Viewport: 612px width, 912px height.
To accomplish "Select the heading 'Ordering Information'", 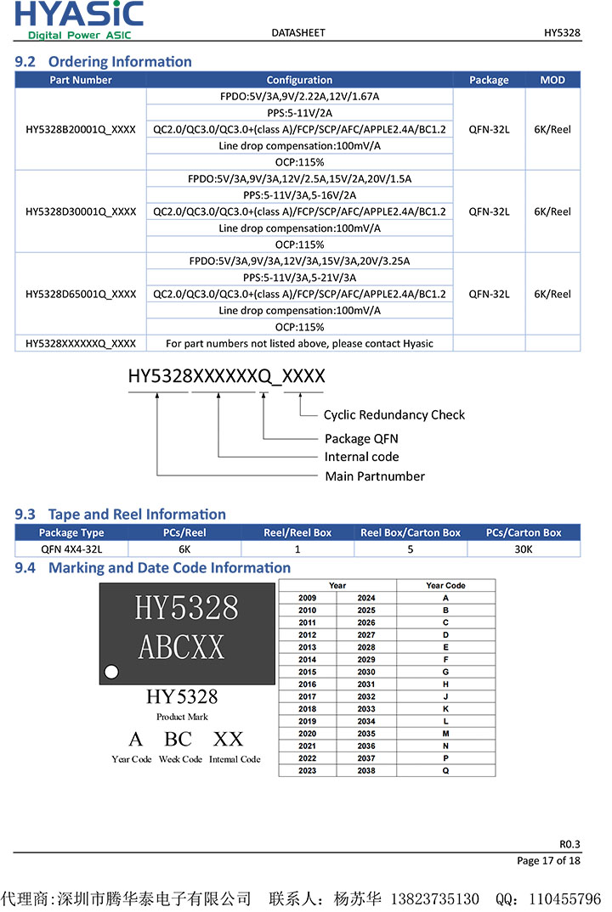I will [x=120, y=61].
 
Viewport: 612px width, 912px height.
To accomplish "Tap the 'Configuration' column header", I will [x=299, y=80].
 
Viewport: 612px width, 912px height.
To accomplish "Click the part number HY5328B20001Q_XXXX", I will [x=81, y=129].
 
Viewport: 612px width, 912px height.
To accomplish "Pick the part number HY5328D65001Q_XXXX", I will [x=81, y=294].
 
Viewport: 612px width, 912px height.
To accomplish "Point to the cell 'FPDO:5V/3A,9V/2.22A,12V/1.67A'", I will [x=299, y=97].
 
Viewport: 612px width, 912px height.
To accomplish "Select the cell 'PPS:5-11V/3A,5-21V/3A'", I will [x=299, y=278].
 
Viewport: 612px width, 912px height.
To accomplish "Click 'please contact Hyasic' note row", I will [x=299, y=344].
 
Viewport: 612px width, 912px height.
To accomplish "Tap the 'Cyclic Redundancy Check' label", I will [x=394, y=415].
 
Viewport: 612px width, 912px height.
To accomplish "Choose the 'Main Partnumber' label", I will [x=375, y=476].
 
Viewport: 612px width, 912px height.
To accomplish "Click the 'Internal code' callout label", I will [x=361, y=457].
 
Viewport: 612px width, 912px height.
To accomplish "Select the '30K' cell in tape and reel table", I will [x=524, y=549].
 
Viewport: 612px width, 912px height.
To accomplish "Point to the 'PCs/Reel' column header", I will [x=184, y=532].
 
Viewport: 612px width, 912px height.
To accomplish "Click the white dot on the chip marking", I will [x=111, y=673].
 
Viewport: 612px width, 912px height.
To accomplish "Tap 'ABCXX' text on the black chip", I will [x=181, y=648].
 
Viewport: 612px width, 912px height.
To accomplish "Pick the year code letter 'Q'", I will [x=445, y=770].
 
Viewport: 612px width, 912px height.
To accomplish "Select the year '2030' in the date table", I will [x=366, y=672].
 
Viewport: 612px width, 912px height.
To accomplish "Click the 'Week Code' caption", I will [x=180, y=759].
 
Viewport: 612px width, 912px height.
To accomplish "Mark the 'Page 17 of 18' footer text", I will [x=548, y=860].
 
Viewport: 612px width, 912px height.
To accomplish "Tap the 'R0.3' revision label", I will [x=569, y=844].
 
